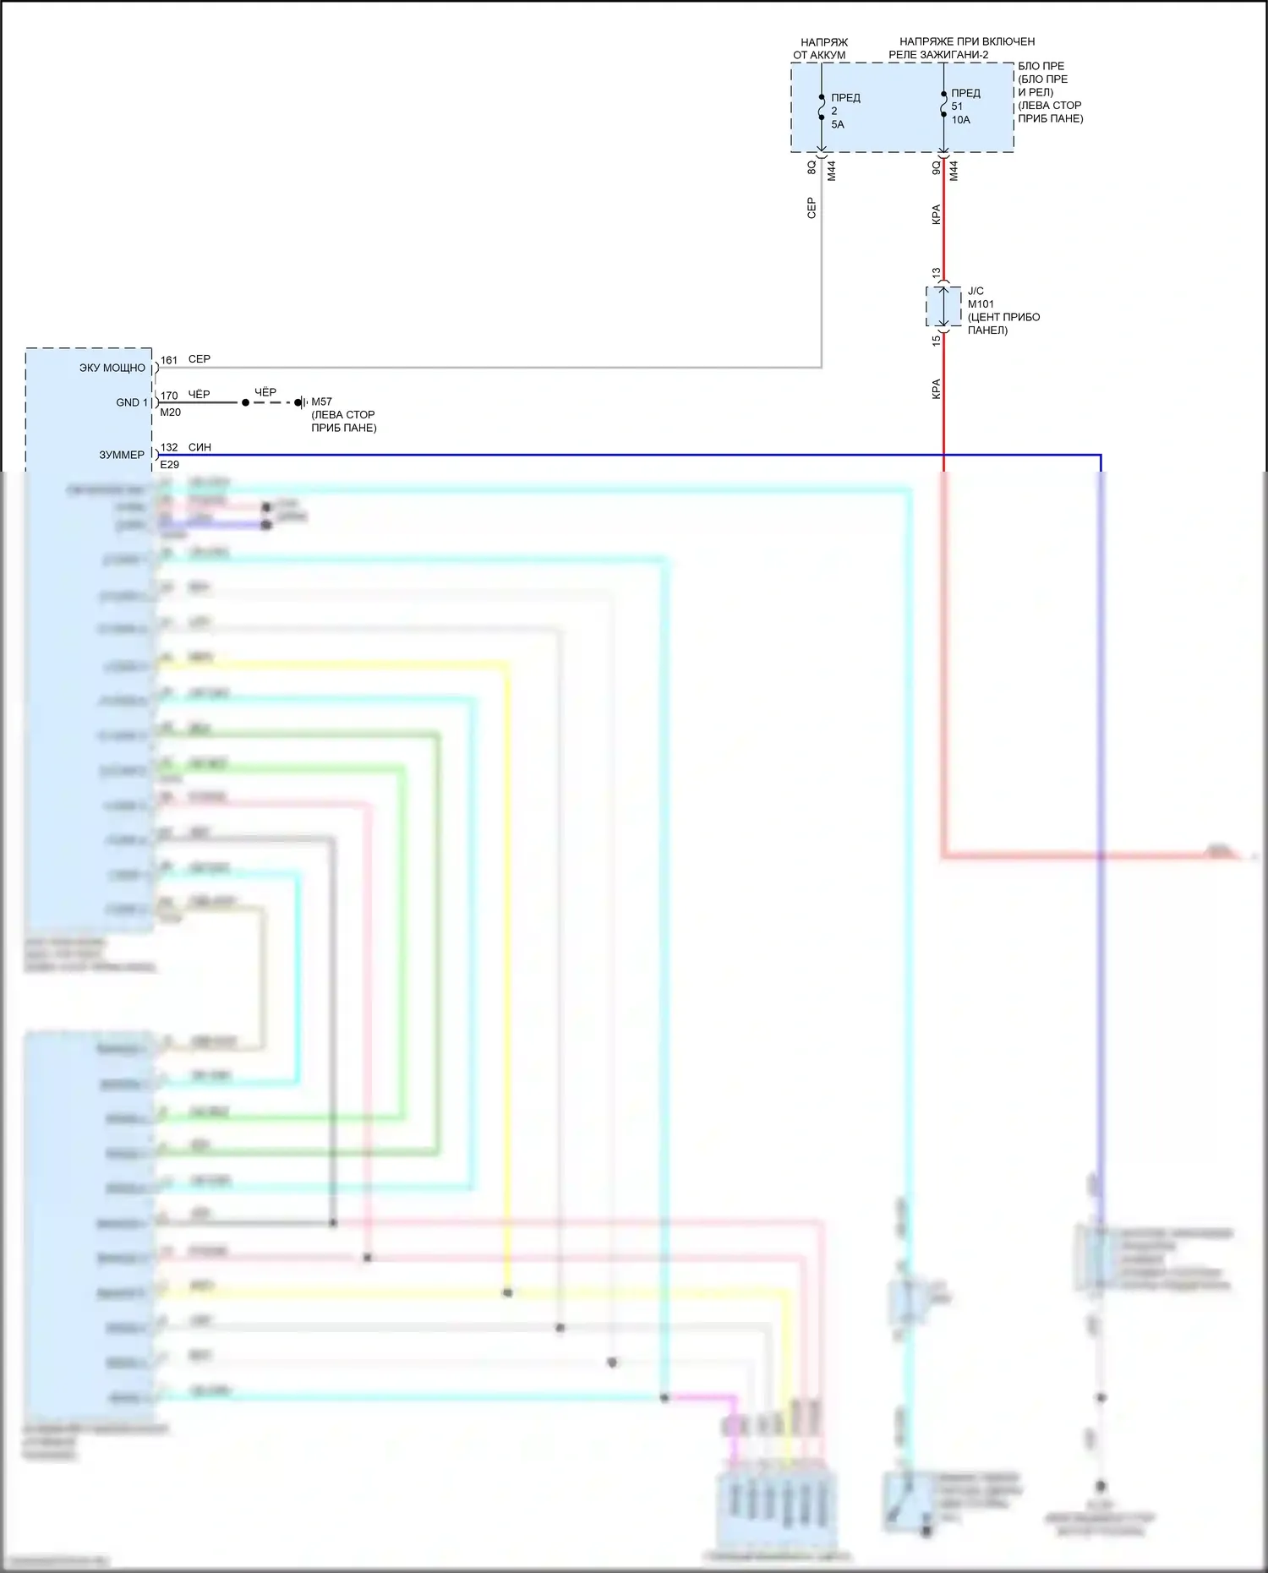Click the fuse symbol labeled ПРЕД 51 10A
[x=943, y=105]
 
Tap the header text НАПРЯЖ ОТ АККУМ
[x=821, y=48]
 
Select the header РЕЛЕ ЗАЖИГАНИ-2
[x=938, y=55]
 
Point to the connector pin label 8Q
[x=812, y=167]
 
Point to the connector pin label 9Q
[x=936, y=167]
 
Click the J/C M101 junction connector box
[x=943, y=306]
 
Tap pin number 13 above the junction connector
[x=936, y=273]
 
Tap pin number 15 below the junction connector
[x=936, y=340]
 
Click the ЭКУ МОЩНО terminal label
[x=112, y=369]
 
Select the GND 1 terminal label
[x=132, y=403]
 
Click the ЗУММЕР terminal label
[x=122, y=455]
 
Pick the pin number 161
[x=169, y=360]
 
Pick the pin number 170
[x=169, y=396]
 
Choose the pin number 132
[x=169, y=447]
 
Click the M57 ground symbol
[x=301, y=403]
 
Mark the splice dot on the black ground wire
[x=245, y=403]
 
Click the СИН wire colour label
[x=199, y=447]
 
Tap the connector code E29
[x=169, y=465]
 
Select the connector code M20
[x=170, y=412]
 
